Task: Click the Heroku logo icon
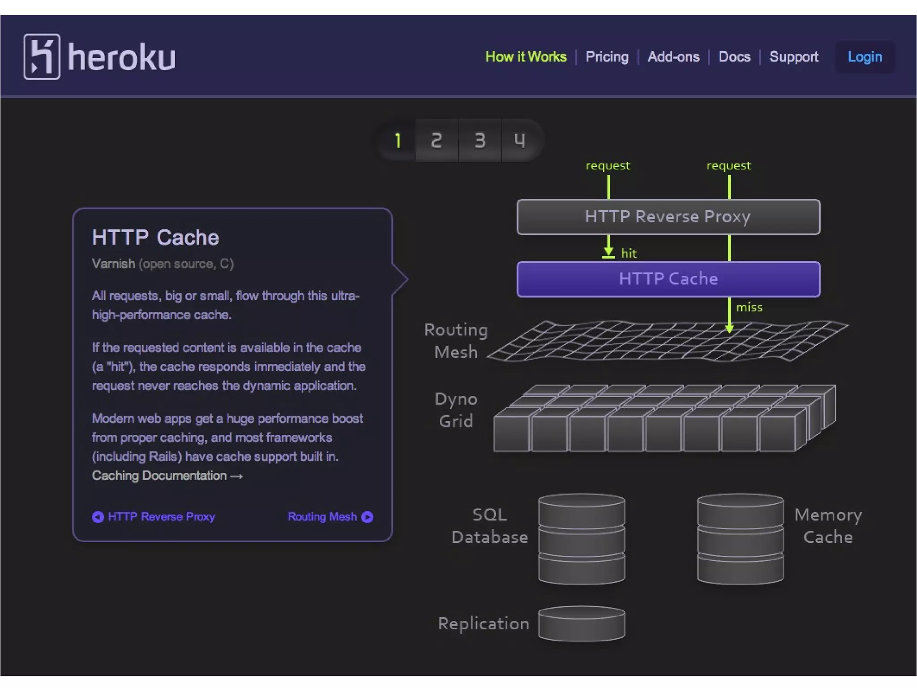click(x=42, y=56)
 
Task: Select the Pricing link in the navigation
click(x=607, y=57)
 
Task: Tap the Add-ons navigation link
click(x=673, y=57)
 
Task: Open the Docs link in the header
click(x=734, y=57)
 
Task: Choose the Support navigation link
click(x=793, y=57)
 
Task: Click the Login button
click(x=865, y=57)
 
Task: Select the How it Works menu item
click(x=526, y=57)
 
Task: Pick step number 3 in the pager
click(x=480, y=141)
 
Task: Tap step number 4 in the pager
click(x=519, y=141)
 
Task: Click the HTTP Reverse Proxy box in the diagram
click(x=668, y=217)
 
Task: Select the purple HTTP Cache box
click(x=668, y=279)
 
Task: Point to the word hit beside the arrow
click(x=629, y=254)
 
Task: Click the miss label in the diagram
click(x=749, y=307)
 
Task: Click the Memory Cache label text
click(x=828, y=526)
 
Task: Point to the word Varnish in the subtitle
click(x=113, y=264)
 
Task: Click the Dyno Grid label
click(x=456, y=410)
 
